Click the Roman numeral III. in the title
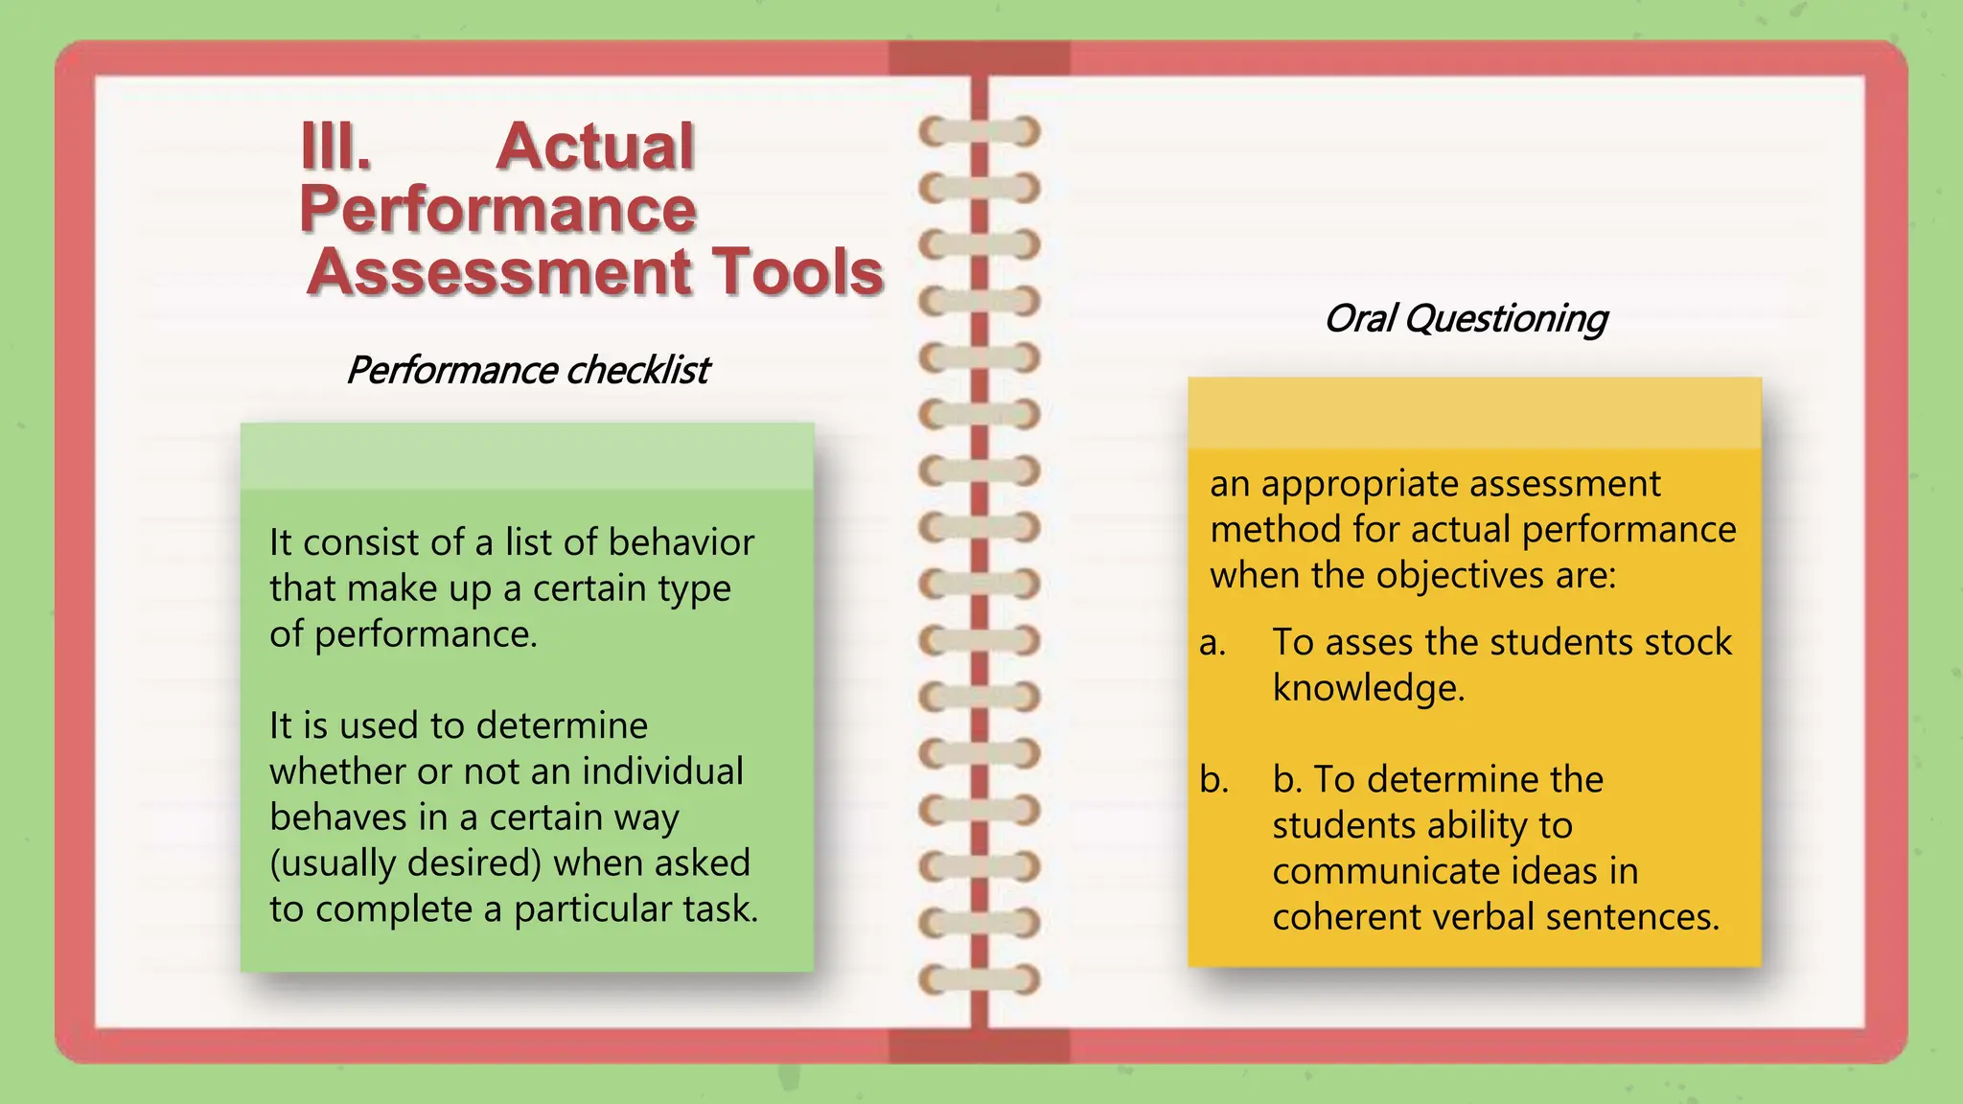pos(335,147)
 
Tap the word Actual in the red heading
pos(595,147)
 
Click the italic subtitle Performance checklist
pos(527,370)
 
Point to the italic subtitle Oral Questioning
pos(1465,318)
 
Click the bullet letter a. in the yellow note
pos(1212,643)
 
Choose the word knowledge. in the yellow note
pos(1369,688)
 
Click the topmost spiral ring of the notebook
pos(979,131)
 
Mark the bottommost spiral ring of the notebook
pos(979,979)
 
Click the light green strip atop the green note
pos(527,457)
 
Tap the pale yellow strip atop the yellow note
pos(1474,413)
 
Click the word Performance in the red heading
pos(497,209)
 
